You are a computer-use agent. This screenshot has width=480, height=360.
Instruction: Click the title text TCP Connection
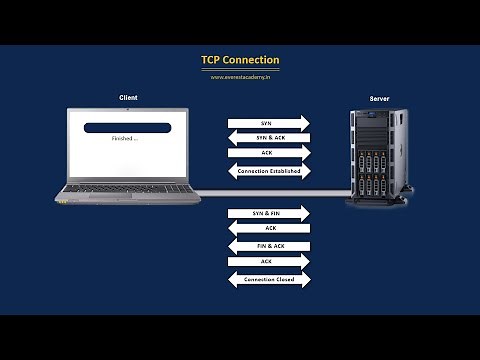240,60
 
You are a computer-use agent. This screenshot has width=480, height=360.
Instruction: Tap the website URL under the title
240,77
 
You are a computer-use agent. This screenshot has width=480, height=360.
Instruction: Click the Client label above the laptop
127,97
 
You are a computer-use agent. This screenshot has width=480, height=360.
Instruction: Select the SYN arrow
268,122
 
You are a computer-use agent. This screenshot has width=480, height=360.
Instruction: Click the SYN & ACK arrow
268,137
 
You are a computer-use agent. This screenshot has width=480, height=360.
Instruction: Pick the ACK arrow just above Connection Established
268,152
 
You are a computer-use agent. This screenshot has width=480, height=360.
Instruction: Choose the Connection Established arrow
268,171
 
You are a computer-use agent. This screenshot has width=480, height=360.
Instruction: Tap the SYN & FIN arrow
268,213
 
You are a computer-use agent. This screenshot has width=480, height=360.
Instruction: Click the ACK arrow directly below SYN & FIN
268,228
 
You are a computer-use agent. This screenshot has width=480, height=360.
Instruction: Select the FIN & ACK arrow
268,245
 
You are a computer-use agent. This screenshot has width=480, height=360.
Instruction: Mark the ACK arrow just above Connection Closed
268,261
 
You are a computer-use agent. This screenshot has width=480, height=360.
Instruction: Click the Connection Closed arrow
268,279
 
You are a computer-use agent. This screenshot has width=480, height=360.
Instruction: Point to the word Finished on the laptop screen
123,140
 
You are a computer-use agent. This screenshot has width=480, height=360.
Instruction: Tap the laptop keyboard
127,187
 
